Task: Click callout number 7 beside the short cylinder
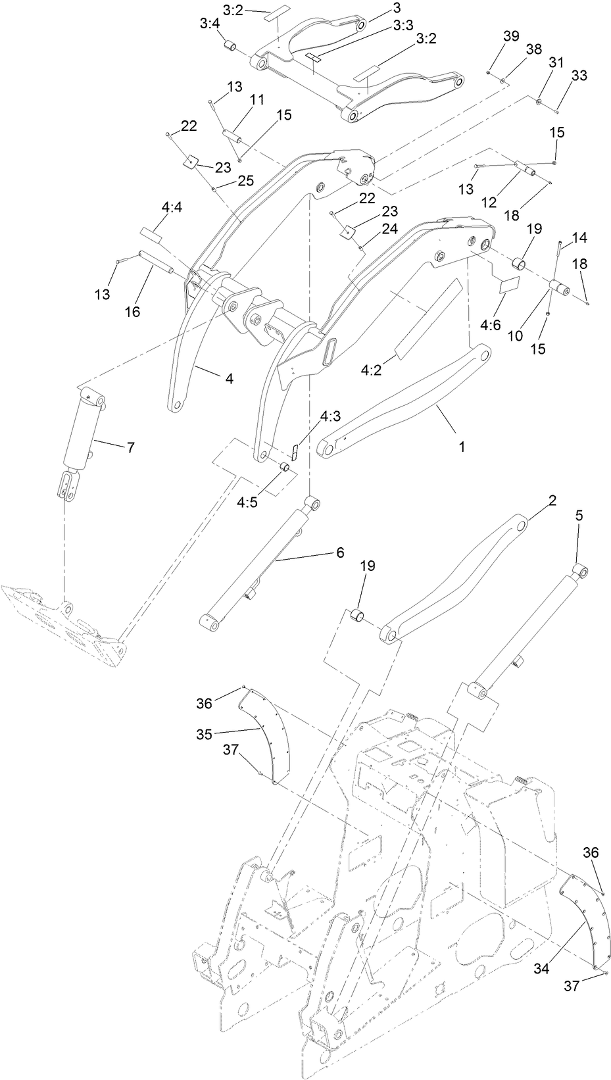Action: point(130,447)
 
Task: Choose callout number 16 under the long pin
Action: point(133,311)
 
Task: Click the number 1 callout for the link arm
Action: point(462,446)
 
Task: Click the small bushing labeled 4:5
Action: point(285,467)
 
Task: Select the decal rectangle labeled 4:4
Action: point(151,234)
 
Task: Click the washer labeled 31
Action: point(539,102)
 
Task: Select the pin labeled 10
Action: point(560,288)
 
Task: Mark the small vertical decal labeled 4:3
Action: point(295,453)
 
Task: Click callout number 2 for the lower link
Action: point(552,501)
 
